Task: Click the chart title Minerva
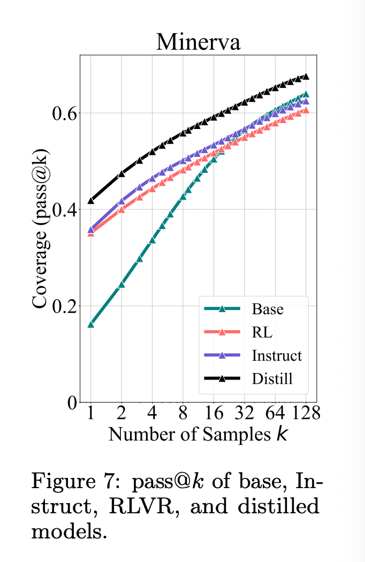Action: pos(198,41)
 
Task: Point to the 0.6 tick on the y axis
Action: pos(64,113)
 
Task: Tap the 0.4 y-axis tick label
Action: pos(64,210)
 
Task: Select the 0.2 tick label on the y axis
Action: pos(64,306)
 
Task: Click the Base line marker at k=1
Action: pos(91,324)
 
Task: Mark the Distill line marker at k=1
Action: pos(91,201)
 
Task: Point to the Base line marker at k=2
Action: pos(121,284)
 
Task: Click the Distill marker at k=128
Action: pos(306,77)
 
